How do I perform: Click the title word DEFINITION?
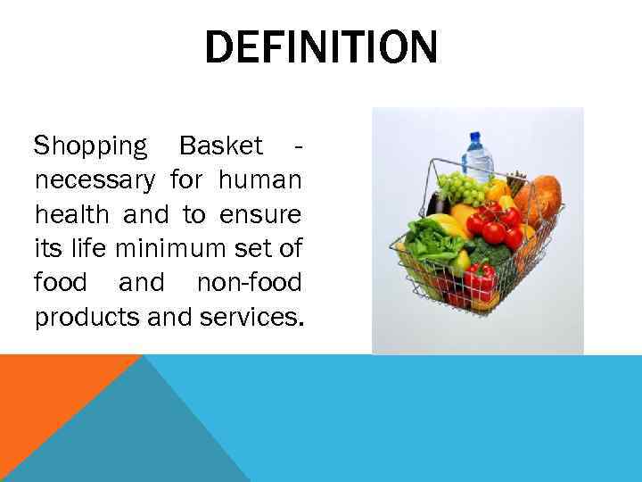[x=321, y=47]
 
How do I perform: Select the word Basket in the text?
[x=221, y=145]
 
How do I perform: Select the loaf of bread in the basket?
[x=542, y=198]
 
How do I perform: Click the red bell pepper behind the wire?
[x=479, y=281]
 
